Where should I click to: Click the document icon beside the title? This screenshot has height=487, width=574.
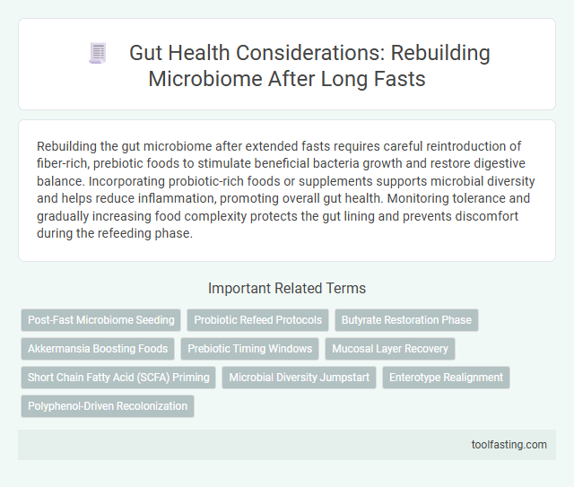(97, 53)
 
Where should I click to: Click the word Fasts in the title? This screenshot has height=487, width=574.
(400, 78)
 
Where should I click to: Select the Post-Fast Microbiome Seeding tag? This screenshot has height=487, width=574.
(101, 319)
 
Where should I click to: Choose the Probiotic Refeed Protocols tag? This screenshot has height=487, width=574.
(257, 319)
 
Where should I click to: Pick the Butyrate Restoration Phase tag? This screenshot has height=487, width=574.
(406, 319)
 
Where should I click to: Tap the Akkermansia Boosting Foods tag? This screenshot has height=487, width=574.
(98, 348)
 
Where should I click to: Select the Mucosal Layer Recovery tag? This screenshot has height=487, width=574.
(391, 348)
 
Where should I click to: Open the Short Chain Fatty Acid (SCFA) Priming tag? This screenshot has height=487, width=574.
(118, 377)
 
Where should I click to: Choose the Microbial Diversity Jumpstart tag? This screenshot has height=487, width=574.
(299, 377)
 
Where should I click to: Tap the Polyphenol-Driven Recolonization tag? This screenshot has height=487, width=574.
(108, 405)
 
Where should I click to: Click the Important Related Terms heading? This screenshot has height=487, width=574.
(287, 288)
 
